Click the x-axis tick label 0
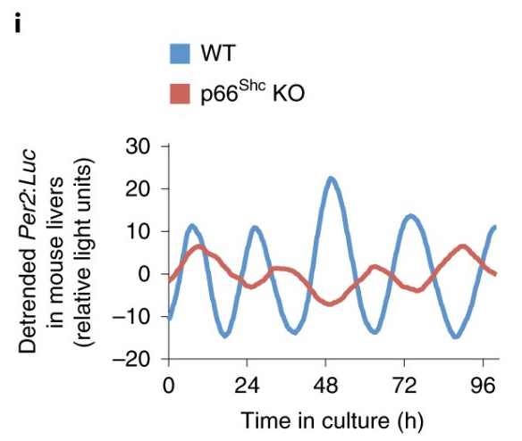point(167,387)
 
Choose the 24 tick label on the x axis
point(248,387)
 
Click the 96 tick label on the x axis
point(484,387)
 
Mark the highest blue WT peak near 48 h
point(331,178)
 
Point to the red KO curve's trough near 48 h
point(332,304)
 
